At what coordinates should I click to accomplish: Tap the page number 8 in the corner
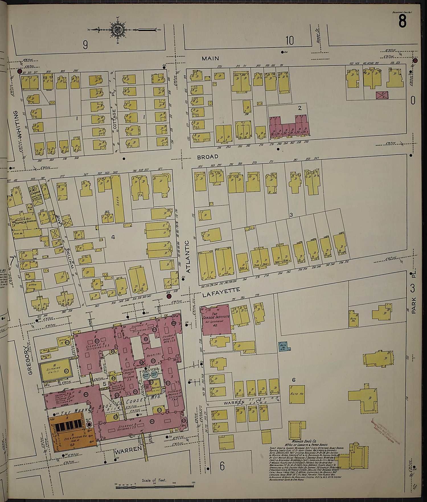point(402,21)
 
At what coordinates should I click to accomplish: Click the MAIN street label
point(210,58)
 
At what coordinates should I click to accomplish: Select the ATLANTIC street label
point(187,257)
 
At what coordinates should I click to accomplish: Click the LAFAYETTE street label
point(221,292)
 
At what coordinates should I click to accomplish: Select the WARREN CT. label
point(234,403)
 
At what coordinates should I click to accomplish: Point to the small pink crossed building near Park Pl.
point(382,95)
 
